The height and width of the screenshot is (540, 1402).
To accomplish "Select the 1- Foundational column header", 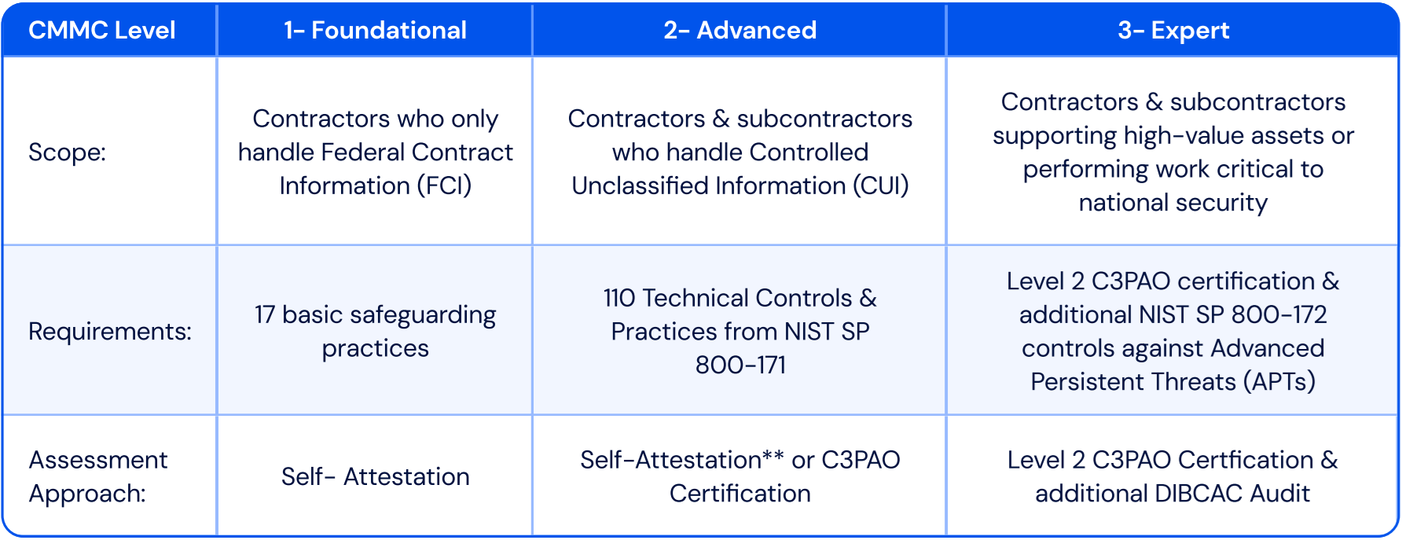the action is pos(375,30).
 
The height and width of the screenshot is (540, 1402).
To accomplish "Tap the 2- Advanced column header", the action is pos(740,30).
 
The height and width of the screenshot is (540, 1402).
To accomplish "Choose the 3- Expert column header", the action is pos(1173,30).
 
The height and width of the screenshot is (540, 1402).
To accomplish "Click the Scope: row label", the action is pos(67,152).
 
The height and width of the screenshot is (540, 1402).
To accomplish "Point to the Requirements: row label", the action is pos(110,331).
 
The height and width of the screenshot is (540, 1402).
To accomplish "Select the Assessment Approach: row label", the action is pos(98,476).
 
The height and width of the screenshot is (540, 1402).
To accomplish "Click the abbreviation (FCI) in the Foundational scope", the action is pos(444,186).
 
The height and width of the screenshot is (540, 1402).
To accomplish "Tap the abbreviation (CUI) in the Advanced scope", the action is pos(879,186).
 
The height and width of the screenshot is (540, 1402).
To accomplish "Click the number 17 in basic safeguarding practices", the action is pos(265,314).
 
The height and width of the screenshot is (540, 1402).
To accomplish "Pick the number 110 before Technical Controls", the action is pos(619,298).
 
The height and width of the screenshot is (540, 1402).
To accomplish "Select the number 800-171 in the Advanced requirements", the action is pos(740,365).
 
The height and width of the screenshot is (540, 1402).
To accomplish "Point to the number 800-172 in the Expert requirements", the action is pos(1279,314).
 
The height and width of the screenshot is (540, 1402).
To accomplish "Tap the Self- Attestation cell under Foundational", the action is pos(375,476).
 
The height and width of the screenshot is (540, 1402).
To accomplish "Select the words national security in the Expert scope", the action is pos(1173,203).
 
